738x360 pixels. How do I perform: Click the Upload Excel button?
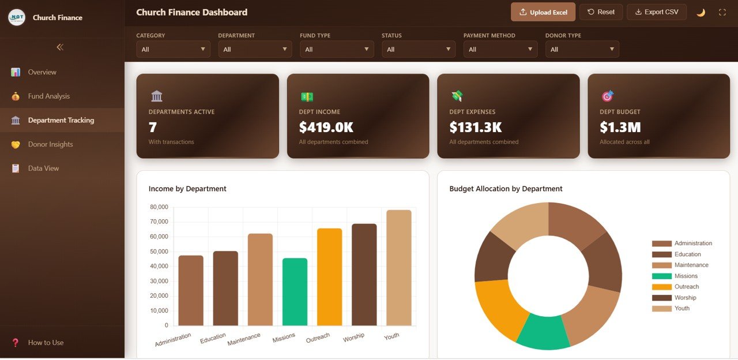(x=543, y=12)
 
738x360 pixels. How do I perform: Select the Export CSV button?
(x=656, y=12)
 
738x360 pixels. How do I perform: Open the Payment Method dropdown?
(x=500, y=50)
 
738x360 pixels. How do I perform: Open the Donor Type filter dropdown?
(x=582, y=50)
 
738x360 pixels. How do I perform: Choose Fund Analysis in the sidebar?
(x=49, y=96)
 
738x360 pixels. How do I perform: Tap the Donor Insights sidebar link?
(x=50, y=144)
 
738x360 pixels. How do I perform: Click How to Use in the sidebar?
(x=46, y=343)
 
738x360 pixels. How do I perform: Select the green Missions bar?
(x=295, y=292)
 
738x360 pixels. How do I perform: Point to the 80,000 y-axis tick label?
(x=159, y=207)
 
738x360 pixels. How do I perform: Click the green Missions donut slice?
(x=543, y=333)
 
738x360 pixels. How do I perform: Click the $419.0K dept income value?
(x=326, y=127)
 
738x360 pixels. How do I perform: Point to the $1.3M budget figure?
(x=620, y=127)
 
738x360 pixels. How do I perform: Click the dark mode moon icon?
(x=701, y=12)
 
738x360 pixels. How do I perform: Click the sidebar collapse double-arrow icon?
(x=60, y=47)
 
